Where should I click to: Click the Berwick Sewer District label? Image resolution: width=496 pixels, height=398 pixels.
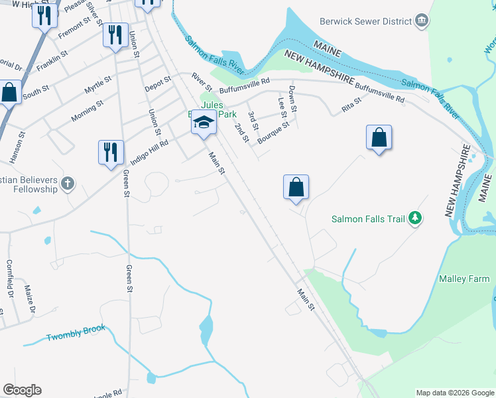[x=366, y=21]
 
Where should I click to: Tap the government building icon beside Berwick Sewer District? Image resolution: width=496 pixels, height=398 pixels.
[x=421, y=21]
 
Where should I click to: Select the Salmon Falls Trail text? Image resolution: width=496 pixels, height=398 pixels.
[x=367, y=218]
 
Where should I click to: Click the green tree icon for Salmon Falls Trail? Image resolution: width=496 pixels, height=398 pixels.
[x=415, y=218]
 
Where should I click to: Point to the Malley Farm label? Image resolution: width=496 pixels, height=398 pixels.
[x=464, y=279]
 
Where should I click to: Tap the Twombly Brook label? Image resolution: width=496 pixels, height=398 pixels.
[x=76, y=334]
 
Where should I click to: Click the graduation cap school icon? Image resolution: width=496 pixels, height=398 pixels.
[x=204, y=123]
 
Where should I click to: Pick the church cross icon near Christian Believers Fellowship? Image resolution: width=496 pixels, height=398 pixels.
[x=67, y=182]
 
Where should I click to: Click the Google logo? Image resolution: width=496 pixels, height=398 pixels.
[x=22, y=390]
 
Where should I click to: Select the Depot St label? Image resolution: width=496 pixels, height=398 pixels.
[x=158, y=82]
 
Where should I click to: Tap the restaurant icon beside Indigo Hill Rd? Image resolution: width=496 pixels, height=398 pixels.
[x=110, y=151]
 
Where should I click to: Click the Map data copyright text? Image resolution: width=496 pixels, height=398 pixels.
[x=454, y=393]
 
